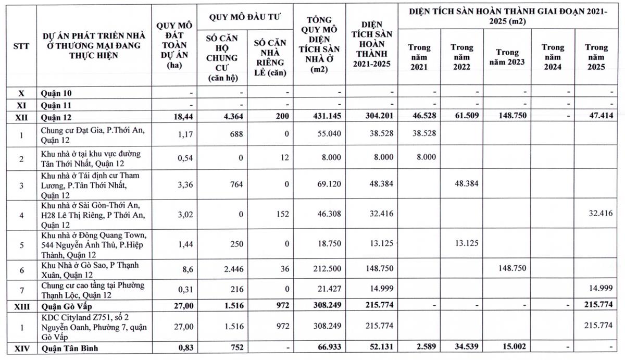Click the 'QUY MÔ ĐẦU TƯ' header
coord(245,17)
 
